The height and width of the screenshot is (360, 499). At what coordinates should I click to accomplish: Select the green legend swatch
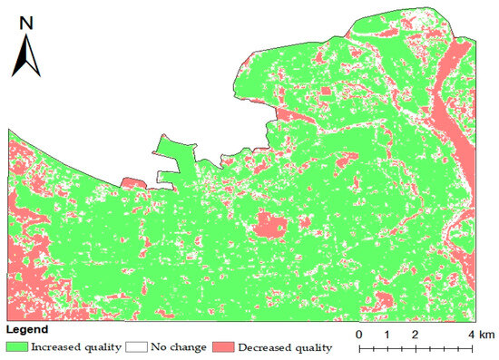tap(17, 346)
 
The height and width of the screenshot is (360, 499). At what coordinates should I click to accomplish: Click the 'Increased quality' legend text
tap(72, 346)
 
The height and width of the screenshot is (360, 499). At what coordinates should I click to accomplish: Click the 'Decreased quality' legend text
tap(279, 346)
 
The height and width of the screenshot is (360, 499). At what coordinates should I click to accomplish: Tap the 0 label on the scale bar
tap(360, 336)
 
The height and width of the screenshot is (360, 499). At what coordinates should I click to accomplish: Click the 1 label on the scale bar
tap(387, 336)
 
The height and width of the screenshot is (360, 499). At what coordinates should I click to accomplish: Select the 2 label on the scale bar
tap(416, 336)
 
